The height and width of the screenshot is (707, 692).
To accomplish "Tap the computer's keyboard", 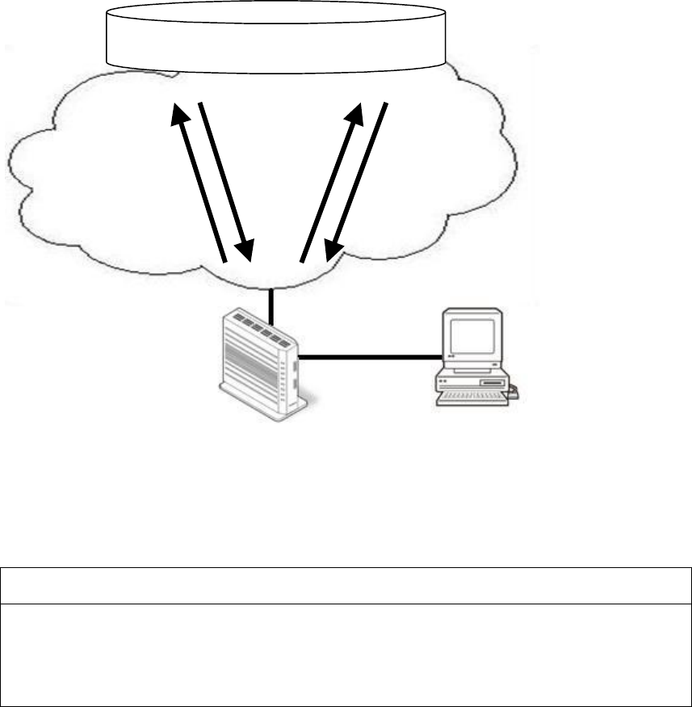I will (x=472, y=397).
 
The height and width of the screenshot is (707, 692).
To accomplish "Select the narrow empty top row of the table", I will (x=346, y=585).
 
